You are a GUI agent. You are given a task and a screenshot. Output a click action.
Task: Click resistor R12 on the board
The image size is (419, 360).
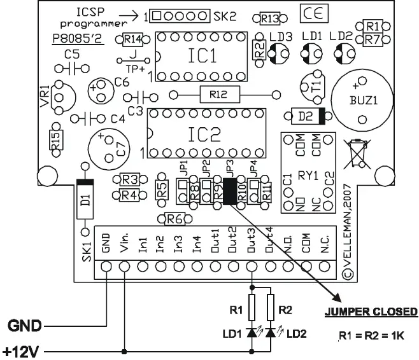pos(220,95)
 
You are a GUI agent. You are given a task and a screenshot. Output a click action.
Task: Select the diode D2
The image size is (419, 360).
pos(308,116)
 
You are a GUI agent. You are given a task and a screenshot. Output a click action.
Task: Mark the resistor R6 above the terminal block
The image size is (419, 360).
pos(174,219)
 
